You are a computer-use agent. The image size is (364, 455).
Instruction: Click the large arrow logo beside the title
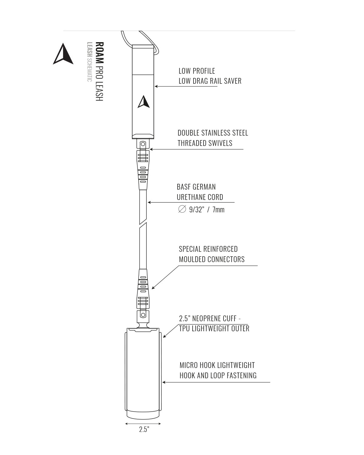point(63,55)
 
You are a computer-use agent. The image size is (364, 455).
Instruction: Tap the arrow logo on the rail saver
point(143,102)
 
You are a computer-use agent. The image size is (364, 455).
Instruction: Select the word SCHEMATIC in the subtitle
point(89,70)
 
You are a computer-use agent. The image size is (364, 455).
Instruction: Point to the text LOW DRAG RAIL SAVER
point(210,81)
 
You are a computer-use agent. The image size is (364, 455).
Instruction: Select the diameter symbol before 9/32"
point(182,209)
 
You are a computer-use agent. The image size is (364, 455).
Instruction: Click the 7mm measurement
point(218,210)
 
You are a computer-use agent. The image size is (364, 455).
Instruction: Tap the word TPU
point(185,329)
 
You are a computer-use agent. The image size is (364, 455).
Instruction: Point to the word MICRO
point(188,365)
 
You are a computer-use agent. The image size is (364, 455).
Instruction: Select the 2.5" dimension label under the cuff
point(144,430)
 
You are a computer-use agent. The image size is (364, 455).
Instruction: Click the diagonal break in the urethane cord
point(143,223)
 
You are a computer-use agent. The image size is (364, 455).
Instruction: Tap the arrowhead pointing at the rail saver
point(156,86)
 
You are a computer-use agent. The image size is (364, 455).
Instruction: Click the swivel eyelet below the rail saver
point(143,143)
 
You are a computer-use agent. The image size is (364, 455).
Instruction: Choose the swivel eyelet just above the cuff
point(143,315)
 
